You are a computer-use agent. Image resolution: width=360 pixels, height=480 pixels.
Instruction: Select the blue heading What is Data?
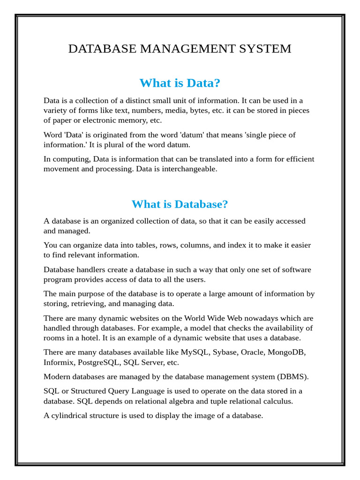180,83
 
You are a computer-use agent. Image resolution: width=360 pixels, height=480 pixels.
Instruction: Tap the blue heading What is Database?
180,204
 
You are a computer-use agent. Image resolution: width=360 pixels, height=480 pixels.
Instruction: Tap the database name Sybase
225,352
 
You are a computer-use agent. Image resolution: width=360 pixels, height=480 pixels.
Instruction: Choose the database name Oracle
253,352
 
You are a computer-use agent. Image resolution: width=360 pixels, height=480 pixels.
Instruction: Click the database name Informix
59,362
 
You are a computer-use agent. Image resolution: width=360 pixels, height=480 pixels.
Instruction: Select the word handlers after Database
92,270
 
